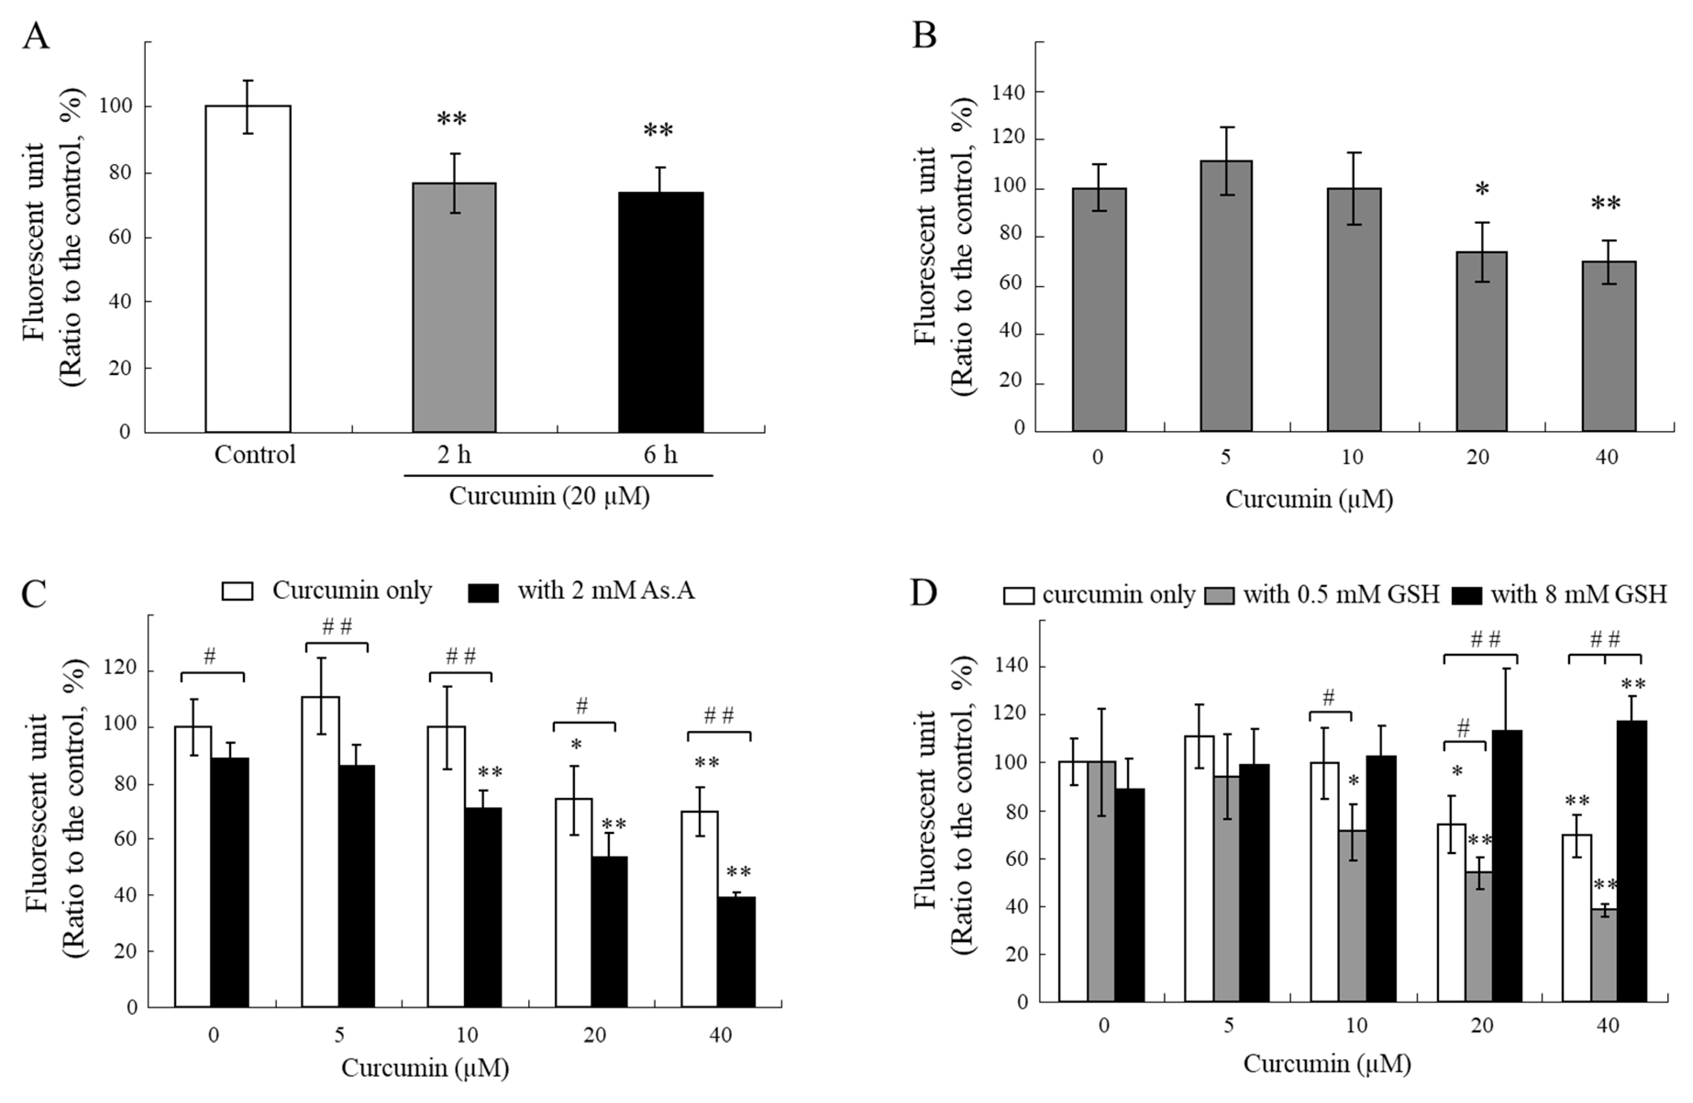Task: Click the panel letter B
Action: [x=924, y=36]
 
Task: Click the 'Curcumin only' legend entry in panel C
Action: [x=327, y=591]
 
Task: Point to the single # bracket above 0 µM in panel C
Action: [x=212, y=665]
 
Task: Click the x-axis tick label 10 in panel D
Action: [x=1356, y=1025]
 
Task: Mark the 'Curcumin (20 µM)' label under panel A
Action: [x=549, y=496]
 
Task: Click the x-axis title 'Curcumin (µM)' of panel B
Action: [x=1309, y=499]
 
